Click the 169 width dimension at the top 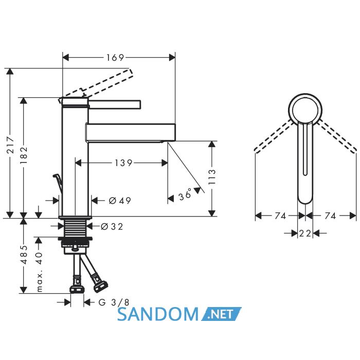tap(115, 58)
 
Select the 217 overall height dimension tap(10, 145)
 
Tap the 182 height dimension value tap(24, 155)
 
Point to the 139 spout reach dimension tap(123, 163)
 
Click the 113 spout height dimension tap(212, 177)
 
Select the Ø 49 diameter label tap(120, 201)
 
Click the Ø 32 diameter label tap(112, 227)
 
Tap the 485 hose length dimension tap(24, 255)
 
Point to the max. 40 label tap(40, 272)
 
